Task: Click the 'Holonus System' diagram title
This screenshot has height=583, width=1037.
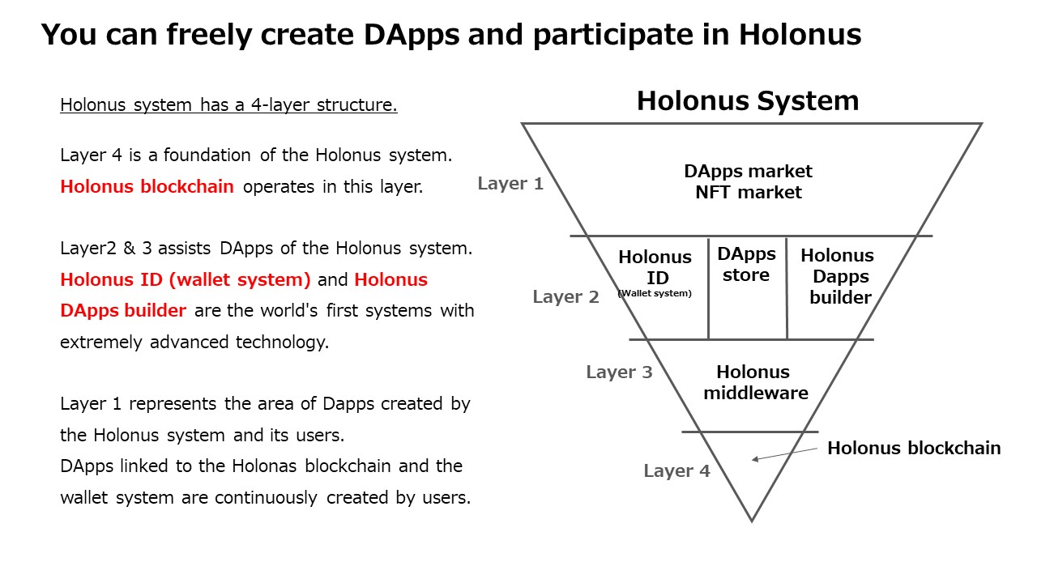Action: pyautogui.click(x=748, y=101)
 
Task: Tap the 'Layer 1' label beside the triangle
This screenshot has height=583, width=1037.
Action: pyautogui.click(x=510, y=183)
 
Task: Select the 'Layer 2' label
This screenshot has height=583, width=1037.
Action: pyautogui.click(x=565, y=296)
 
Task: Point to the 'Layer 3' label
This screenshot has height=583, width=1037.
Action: pyautogui.click(x=619, y=372)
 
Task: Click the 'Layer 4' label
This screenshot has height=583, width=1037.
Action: pyautogui.click(x=676, y=471)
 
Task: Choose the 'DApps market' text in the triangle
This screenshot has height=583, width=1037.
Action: pyautogui.click(x=748, y=172)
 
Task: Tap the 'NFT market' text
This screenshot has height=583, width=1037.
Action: pyautogui.click(x=748, y=192)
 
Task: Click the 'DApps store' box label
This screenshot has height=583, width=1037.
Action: pyautogui.click(x=746, y=265)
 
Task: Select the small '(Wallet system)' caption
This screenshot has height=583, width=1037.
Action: pyautogui.click(x=655, y=293)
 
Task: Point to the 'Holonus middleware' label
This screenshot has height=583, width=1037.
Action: pyautogui.click(x=756, y=382)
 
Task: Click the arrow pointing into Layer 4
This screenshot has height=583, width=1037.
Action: pyautogui.click(x=785, y=454)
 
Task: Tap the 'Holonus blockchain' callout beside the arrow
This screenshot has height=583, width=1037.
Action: pyautogui.click(x=914, y=448)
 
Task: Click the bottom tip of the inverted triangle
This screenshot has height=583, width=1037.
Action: pyautogui.click(x=751, y=521)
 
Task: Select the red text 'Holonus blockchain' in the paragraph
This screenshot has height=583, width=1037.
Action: pyautogui.click(x=147, y=186)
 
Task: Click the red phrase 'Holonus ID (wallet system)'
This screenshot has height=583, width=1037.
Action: pyautogui.click(x=186, y=280)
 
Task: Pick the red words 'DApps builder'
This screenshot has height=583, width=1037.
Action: pyautogui.click(x=123, y=310)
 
